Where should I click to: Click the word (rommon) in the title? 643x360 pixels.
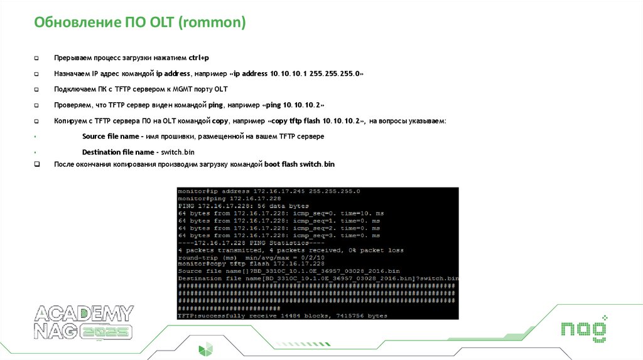(212, 23)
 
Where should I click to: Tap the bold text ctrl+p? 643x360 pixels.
(199, 58)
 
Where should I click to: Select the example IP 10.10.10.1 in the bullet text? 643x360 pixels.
(289, 73)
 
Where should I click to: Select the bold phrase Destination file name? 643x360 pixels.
(118, 152)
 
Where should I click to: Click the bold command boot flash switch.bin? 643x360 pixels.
(300, 164)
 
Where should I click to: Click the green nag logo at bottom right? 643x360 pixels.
(583, 330)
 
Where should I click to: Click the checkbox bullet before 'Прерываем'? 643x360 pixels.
(36, 58)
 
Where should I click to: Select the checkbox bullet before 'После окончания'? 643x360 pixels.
(36, 164)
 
